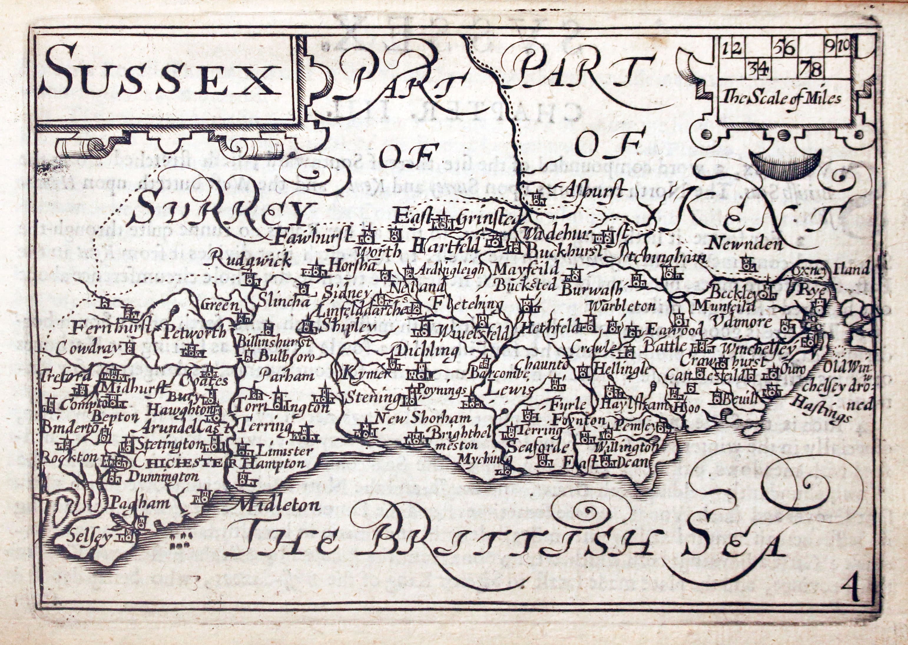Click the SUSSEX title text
click(x=159, y=76)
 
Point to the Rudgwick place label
click(x=245, y=261)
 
